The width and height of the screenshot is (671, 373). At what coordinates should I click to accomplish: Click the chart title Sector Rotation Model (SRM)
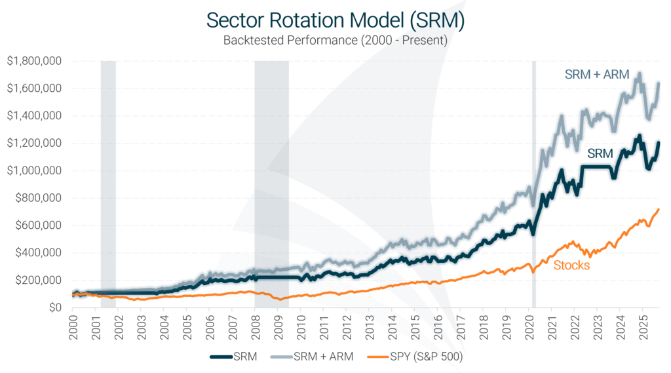[335, 20]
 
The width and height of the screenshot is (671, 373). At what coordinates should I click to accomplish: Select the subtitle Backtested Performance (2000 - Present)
[335, 41]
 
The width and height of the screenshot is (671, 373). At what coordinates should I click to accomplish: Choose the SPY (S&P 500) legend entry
[422, 357]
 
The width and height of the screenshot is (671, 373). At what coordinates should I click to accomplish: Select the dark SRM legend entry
[235, 357]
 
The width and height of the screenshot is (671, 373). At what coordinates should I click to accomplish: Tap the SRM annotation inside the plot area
[600, 153]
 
